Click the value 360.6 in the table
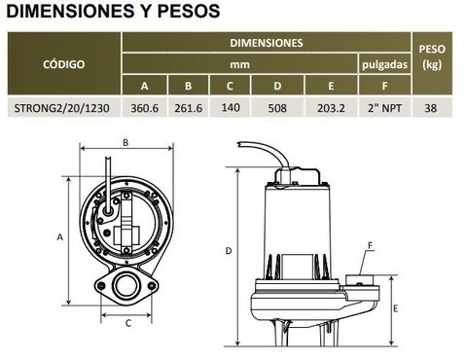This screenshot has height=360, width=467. click(144, 108)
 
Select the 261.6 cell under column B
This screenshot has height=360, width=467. click(188, 108)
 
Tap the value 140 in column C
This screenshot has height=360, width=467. click(231, 107)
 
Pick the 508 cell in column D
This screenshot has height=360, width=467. click(277, 108)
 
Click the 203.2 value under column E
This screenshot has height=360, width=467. click(331, 108)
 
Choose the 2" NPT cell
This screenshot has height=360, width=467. click(384, 108)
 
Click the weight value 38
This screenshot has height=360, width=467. click(431, 108)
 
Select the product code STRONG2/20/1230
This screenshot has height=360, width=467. click(61, 108)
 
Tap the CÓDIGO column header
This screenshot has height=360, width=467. click(63, 64)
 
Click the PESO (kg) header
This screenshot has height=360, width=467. click(432, 56)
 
